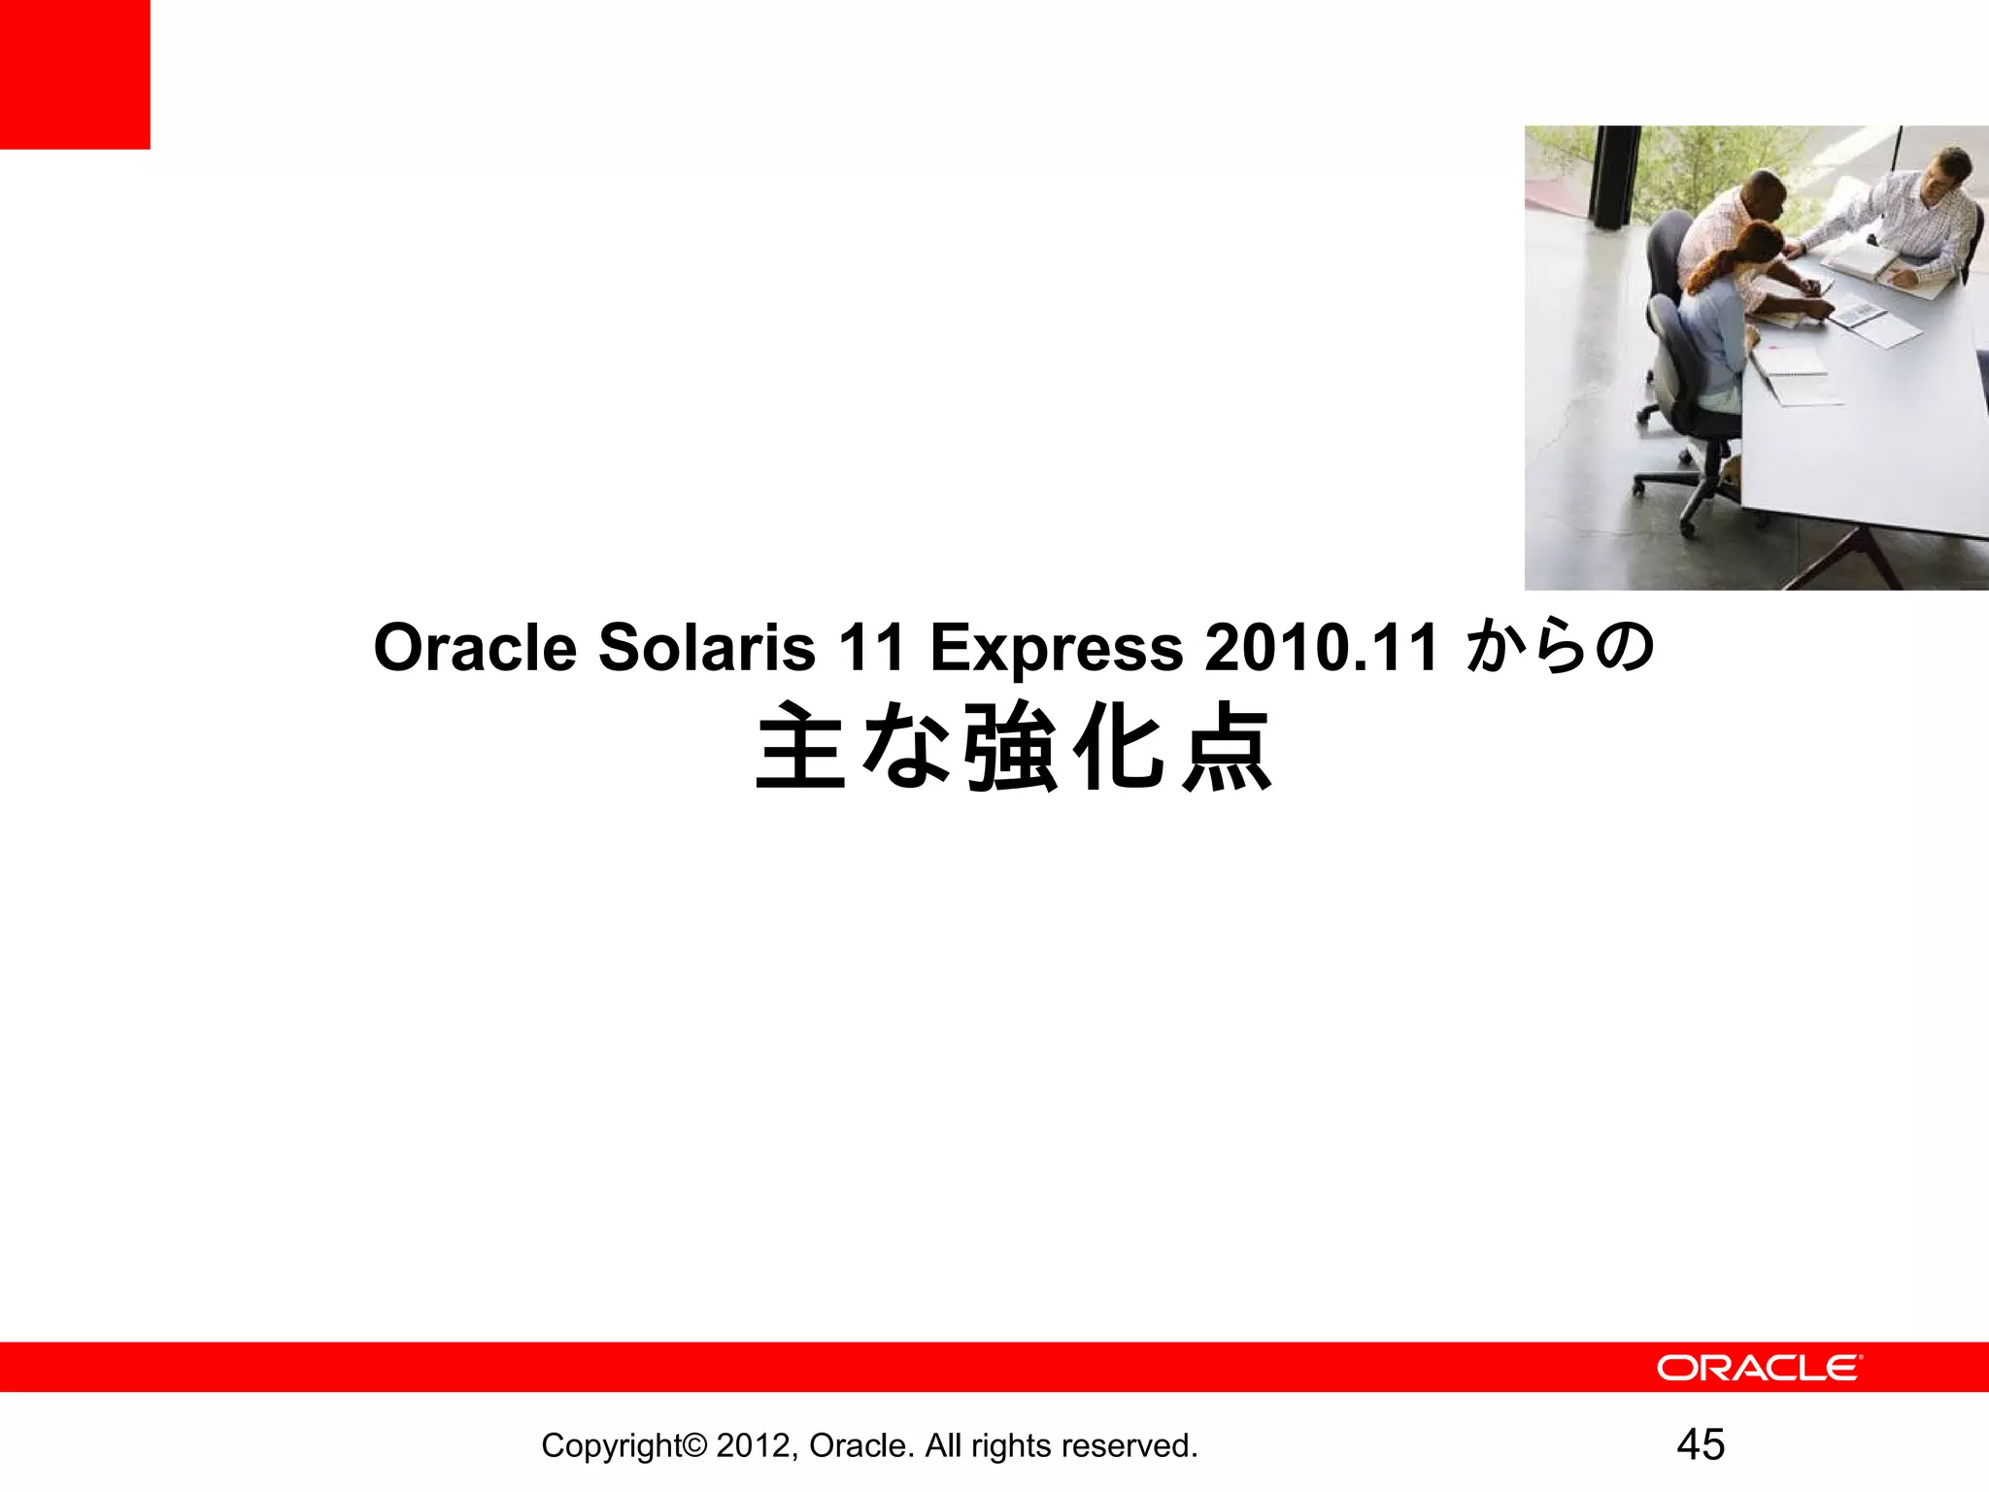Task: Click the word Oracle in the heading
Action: (x=475, y=648)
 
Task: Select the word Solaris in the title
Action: (x=706, y=648)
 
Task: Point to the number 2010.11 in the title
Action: (x=1321, y=648)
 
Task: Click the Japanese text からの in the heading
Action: (x=1560, y=648)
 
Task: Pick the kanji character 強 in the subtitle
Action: (x=1012, y=747)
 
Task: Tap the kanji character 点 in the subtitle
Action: (x=1227, y=747)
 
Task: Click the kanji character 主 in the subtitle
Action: (x=801, y=747)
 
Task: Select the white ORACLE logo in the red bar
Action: (x=1759, y=1368)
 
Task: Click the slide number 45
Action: (x=1701, y=1444)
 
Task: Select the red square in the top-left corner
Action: (x=75, y=74)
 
